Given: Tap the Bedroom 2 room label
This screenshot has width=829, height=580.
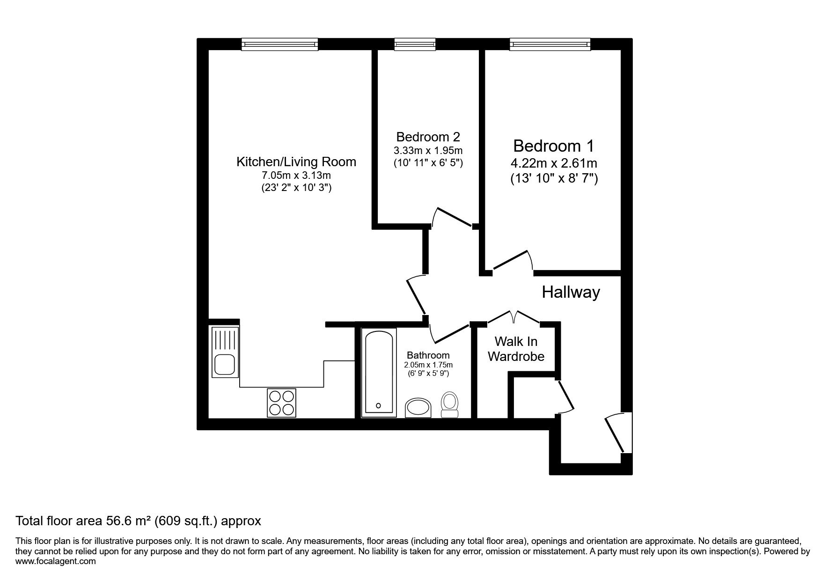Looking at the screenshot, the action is click(x=428, y=137).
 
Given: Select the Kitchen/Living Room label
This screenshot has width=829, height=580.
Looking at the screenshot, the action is click(x=296, y=162).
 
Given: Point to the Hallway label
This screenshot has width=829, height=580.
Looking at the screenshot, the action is click(x=571, y=292).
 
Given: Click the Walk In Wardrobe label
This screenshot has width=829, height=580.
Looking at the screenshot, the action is click(x=516, y=349).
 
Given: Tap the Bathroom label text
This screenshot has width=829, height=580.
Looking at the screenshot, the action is click(x=428, y=355).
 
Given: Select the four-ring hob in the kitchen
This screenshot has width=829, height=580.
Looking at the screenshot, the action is click(x=281, y=403).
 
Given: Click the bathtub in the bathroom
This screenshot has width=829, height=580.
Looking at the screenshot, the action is click(x=379, y=372).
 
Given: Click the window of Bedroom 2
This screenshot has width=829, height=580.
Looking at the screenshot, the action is click(x=415, y=44).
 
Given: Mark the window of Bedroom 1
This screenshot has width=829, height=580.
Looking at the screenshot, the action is click(x=550, y=44).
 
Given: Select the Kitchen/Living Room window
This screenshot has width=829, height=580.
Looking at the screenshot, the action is click(x=280, y=44).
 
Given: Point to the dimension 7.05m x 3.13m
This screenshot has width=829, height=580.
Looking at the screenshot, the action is click(x=296, y=176).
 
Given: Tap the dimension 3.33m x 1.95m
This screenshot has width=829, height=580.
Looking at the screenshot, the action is click(x=428, y=151).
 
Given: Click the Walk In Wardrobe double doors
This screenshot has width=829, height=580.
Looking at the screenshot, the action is click(x=514, y=317).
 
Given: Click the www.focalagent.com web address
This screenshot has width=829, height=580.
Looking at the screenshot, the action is click(x=56, y=561).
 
